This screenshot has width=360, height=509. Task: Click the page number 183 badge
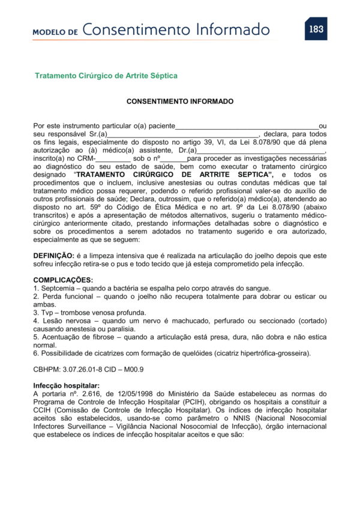coord(316,28)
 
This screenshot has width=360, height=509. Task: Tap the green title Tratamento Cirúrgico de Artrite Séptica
coord(106,76)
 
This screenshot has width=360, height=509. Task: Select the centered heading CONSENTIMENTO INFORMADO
coord(179,102)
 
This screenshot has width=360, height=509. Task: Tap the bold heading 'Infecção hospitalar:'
coord(67,385)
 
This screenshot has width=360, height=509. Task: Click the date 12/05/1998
coord(112,394)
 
